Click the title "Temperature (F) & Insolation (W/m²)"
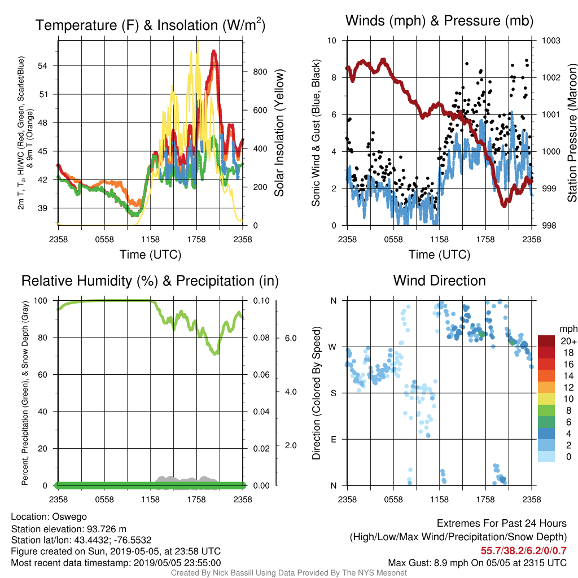click(x=150, y=25)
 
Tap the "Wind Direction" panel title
click(x=439, y=281)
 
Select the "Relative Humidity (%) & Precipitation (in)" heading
click(x=150, y=281)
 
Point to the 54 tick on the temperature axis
click(x=43, y=66)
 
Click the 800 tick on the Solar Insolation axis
click(x=260, y=72)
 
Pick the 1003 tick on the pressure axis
click(x=551, y=41)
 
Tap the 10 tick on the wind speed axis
click(x=332, y=41)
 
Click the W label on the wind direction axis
click(x=332, y=347)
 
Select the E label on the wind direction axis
click(x=333, y=439)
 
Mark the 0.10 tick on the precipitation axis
click(x=261, y=301)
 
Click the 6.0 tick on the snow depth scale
click(x=291, y=339)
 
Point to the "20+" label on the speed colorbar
click(x=568, y=341)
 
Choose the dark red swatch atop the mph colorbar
click(x=546, y=341)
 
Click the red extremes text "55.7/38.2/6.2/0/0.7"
click(x=523, y=551)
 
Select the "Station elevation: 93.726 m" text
click(x=68, y=529)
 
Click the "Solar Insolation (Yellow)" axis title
click(x=279, y=133)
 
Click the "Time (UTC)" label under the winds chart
click(x=439, y=255)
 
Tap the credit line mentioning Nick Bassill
click(x=288, y=573)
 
